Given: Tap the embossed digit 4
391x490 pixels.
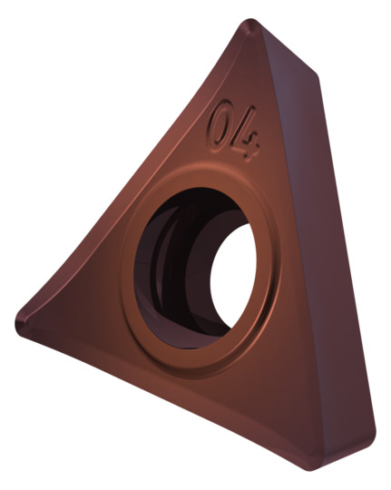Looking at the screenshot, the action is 248,134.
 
